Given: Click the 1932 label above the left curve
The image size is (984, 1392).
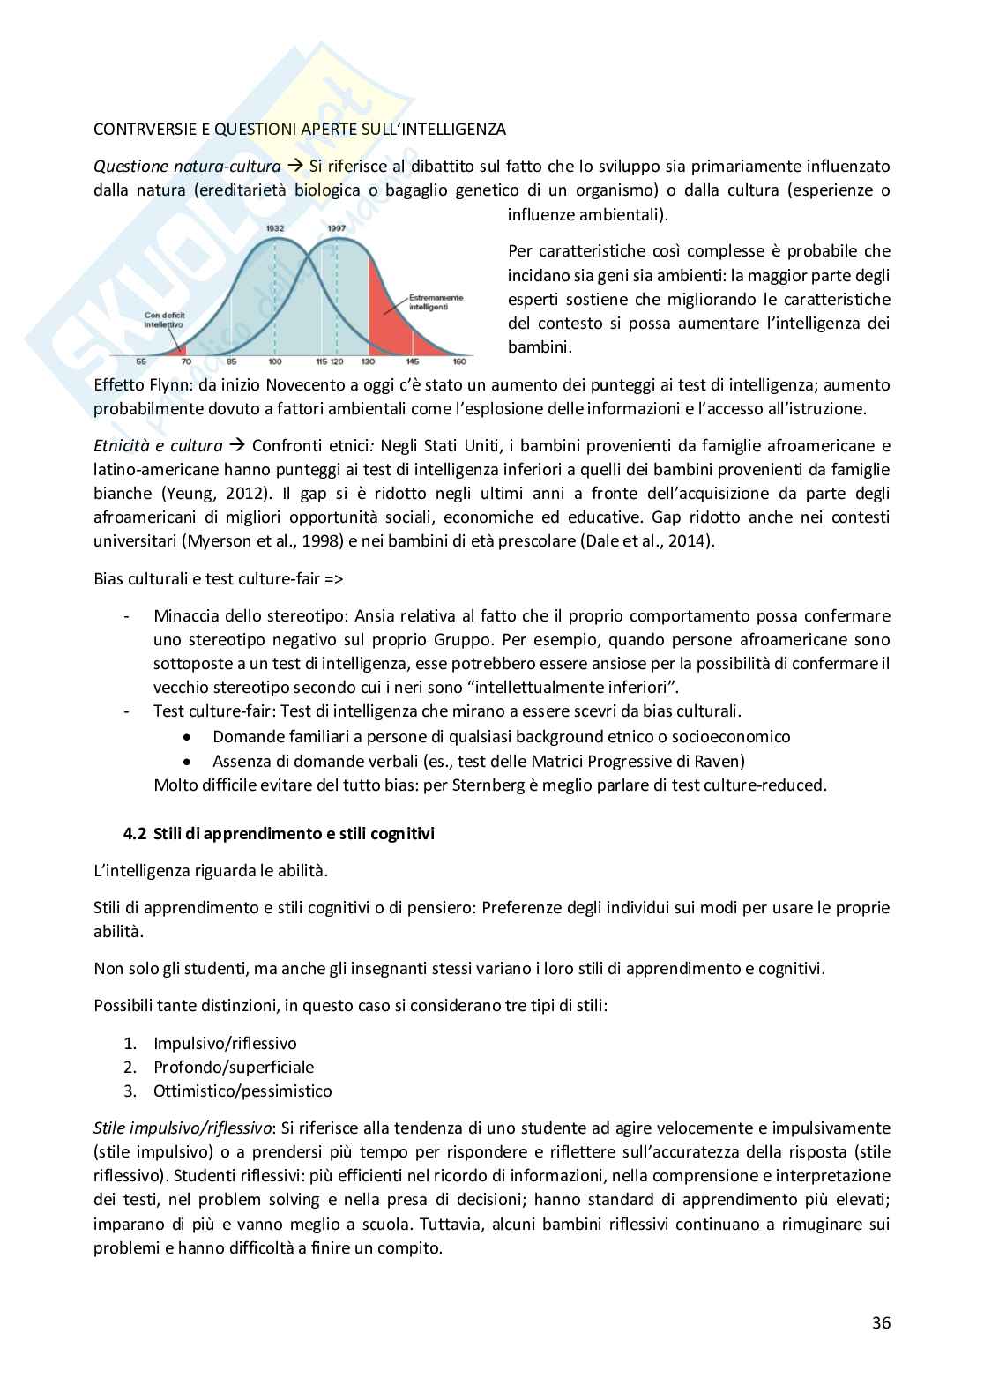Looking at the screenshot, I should [x=275, y=228].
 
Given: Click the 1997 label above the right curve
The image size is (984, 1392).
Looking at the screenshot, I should [x=336, y=228].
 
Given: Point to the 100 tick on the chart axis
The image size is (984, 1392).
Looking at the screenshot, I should [x=275, y=362].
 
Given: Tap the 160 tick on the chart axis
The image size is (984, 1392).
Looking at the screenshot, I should [x=459, y=362].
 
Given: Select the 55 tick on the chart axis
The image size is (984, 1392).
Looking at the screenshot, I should [x=141, y=362].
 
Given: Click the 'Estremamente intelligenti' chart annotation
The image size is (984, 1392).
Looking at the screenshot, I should [x=435, y=302].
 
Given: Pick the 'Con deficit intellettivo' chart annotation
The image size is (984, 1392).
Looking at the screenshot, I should [x=164, y=319].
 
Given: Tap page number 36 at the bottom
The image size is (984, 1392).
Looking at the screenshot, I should [x=881, y=1322].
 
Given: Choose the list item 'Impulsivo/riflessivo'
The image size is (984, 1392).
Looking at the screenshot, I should [x=225, y=1043].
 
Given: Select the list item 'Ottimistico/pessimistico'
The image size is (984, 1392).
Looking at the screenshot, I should [x=242, y=1091].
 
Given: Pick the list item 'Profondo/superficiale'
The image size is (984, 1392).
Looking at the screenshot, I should [x=234, y=1067].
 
